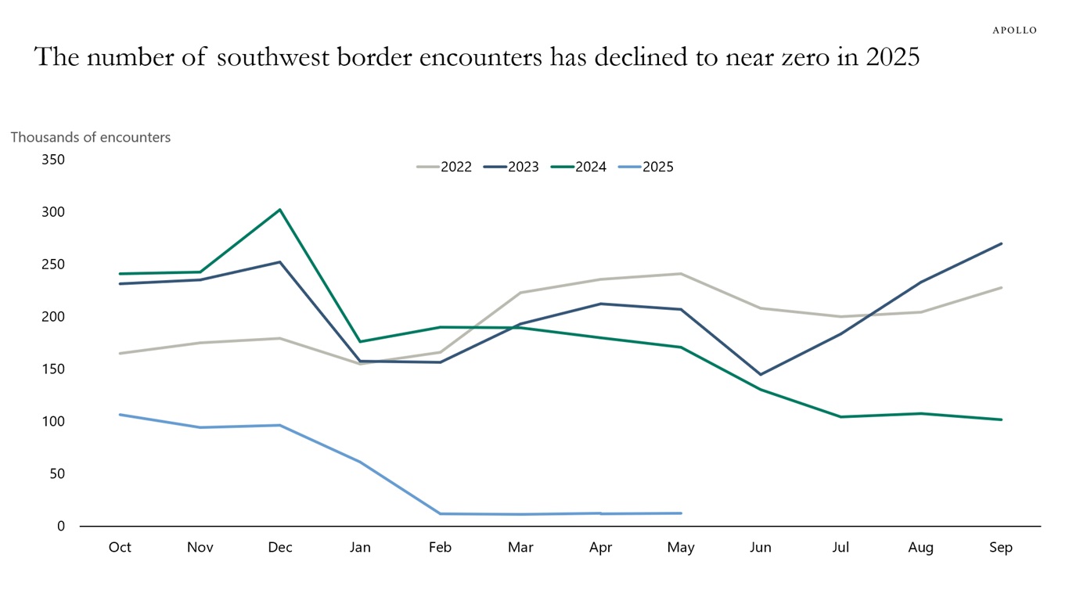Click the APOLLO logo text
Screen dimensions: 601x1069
point(1014,31)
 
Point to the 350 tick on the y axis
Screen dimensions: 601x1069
point(52,160)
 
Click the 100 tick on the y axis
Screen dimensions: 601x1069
point(52,421)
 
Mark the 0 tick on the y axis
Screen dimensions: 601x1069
point(60,526)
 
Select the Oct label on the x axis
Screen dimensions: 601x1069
point(120,548)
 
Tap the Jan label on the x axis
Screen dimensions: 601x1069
point(360,548)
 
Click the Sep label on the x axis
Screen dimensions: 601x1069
point(1001,548)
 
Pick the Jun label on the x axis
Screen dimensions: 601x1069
point(761,548)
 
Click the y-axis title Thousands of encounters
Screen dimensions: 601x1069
point(90,137)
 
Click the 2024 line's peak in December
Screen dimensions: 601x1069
point(280,210)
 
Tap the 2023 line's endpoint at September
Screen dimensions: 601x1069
point(1001,243)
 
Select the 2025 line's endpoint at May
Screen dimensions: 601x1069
point(681,513)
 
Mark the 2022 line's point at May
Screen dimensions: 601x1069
point(681,274)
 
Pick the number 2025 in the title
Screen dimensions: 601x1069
point(893,57)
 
